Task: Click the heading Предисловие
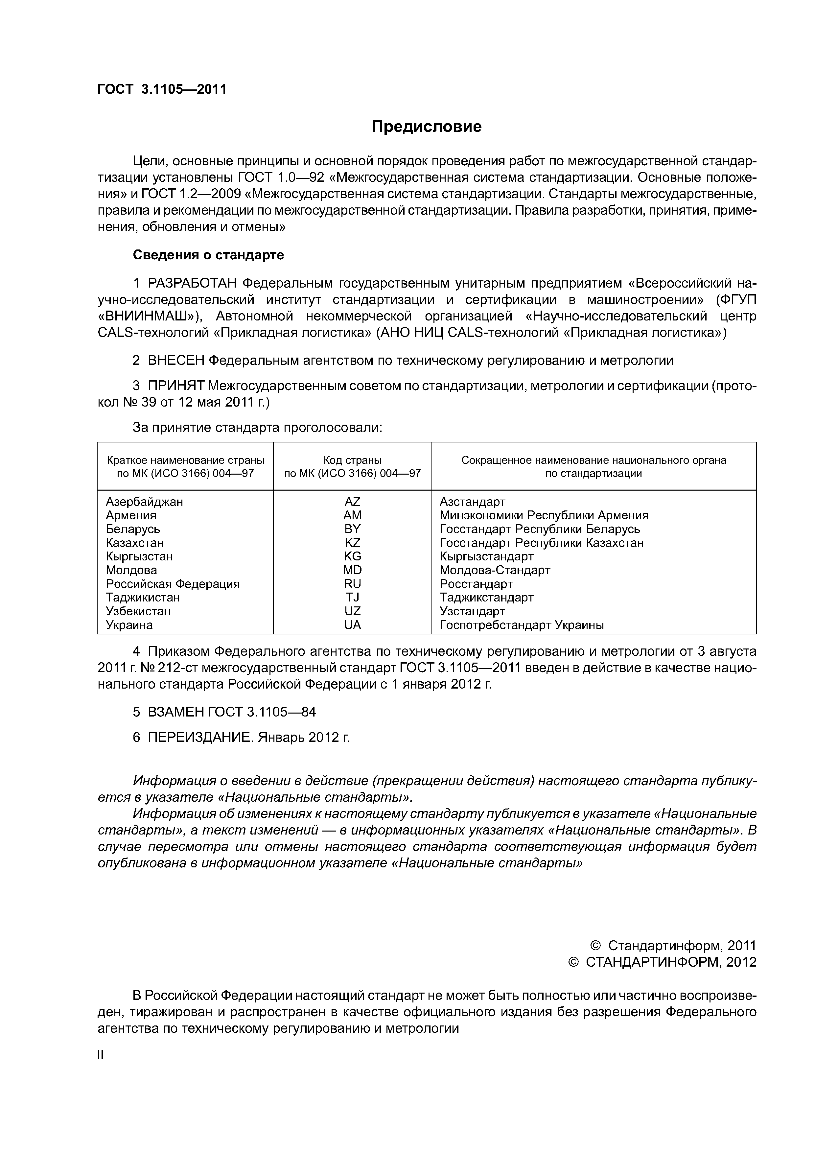(426, 127)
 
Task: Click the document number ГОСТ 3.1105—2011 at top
(162, 89)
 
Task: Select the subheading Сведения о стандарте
(208, 255)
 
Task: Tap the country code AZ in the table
(353, 502)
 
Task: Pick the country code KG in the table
(353, 556)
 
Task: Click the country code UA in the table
(353, 625)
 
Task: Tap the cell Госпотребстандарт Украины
(522, 625)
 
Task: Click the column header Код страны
(353, 460)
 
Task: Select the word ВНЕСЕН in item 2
(176, 361)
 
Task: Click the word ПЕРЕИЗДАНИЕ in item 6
(200, 737)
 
